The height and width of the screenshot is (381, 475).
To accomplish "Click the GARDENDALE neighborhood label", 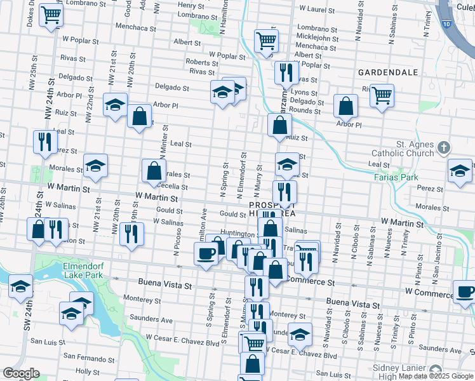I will click(x=387, y=72).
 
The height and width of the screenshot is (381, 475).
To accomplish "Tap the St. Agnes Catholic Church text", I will click(x=405, y=149).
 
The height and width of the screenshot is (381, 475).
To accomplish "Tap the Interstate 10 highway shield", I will click(x=447, y=23).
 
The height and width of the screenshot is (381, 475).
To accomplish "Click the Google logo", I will click(x=21, y=373).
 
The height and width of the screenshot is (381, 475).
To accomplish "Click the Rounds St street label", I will click(x=305, y=110).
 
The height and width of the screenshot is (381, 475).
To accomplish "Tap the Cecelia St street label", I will click(x=171, y=186).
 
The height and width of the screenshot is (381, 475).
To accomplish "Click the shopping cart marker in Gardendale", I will click(x=382, y=96).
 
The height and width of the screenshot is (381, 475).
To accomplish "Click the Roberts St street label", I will click(x=203, y=62).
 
